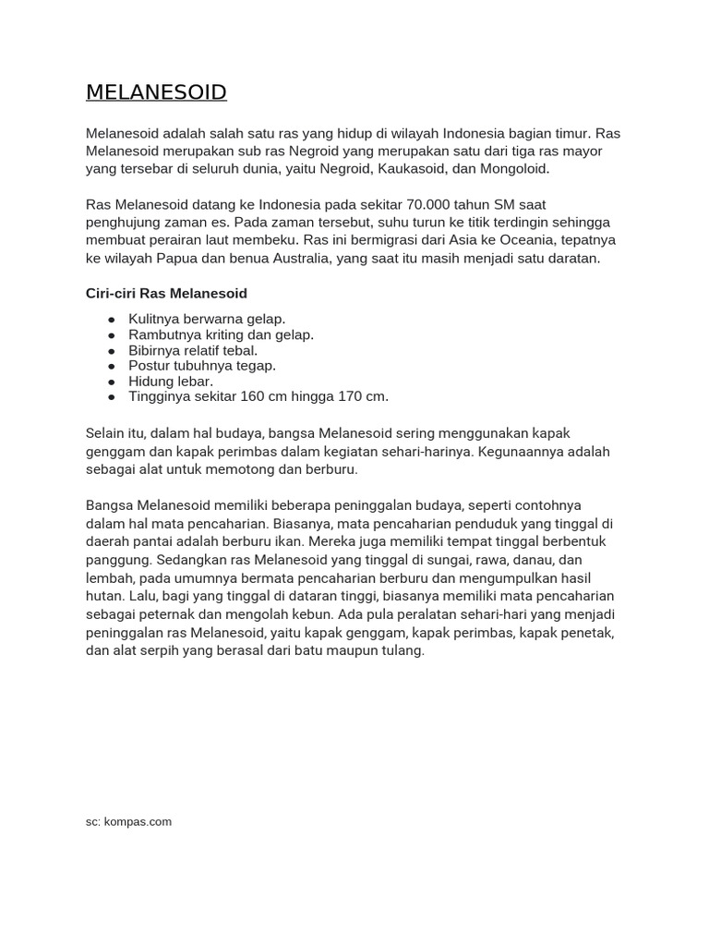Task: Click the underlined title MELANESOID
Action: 156,92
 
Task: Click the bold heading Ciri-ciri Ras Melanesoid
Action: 166,294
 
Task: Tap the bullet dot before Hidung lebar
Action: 112,382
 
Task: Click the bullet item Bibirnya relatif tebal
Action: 193,350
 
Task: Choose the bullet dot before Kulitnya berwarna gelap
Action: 112,319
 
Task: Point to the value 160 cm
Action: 266,396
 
